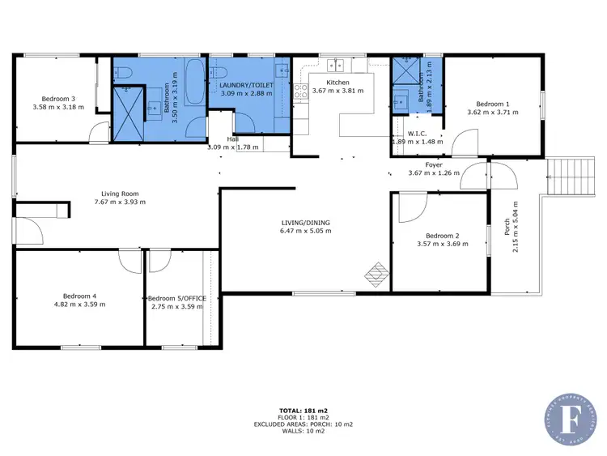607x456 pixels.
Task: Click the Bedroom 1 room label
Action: (x=492, y=104)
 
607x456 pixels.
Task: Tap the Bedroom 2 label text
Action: (x=442, y=236)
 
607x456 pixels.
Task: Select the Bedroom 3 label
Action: (x=57, y=99)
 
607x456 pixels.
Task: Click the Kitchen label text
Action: (x=337, y=83)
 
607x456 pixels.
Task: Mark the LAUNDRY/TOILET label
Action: (x=247, y=84)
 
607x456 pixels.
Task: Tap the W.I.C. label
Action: (x=418, y=134)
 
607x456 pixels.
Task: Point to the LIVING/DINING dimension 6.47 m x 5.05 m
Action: (x=305, y=231)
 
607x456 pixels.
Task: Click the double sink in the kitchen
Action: (x=338, y=64)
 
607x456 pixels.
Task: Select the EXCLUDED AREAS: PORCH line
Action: (x=303, y=424)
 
